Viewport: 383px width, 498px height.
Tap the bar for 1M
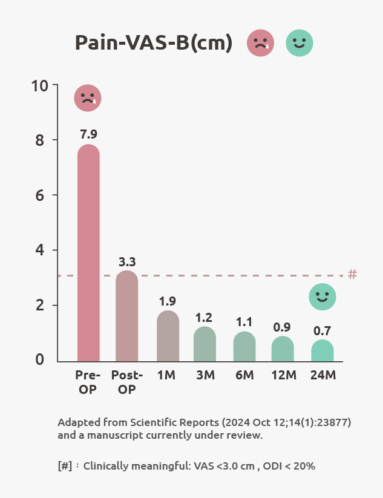[168, 336]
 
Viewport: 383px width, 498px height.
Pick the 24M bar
[322, 350]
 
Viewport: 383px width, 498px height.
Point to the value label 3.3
[127, 262]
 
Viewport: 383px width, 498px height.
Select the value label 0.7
[322, 331]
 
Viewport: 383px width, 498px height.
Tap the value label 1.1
[244, 322]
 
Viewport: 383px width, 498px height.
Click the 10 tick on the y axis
[40, 85]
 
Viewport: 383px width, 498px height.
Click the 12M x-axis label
[284, 375]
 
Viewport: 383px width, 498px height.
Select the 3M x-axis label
[206, 375]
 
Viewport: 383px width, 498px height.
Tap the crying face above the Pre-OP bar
[88, 98]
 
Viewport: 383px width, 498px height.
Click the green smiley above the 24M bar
[322, 297]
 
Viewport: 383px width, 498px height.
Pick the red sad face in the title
[260, 44]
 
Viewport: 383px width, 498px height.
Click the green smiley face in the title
[299, 44]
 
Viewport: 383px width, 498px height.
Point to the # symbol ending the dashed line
[353, 275]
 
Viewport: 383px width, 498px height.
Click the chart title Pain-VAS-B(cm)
[154, 44]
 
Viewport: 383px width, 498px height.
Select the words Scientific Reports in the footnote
[181, 422]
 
